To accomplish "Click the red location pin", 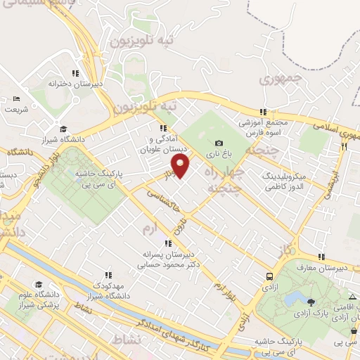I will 181,167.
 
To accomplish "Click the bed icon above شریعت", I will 17,98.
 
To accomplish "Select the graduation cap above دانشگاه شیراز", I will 63,129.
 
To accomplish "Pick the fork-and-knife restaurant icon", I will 344,147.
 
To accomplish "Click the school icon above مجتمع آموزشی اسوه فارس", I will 263,111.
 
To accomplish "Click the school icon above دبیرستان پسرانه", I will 167,243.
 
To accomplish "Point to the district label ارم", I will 148,229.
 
